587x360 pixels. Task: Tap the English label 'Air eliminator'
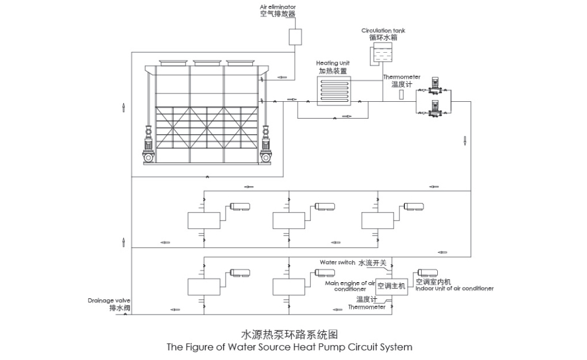(277, 7)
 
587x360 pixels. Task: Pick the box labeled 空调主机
(391, 286)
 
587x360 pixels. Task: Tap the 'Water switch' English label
(337, 262)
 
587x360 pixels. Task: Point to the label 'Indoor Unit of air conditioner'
(455, 289)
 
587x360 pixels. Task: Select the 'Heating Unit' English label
(333, 63)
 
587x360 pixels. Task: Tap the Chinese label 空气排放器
(277, 14)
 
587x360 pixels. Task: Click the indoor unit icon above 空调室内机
(428, 273)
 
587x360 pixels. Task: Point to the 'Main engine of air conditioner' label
(350, 286)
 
